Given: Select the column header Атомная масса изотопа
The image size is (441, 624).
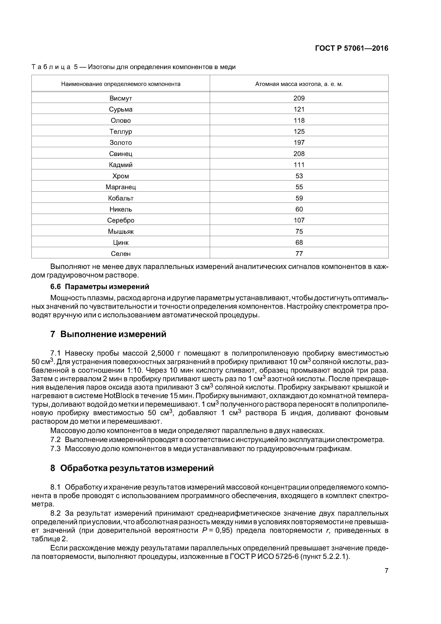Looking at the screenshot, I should [299, 84].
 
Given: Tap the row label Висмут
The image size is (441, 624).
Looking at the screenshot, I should [121, 98].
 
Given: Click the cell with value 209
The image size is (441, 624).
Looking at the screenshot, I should [299, 98].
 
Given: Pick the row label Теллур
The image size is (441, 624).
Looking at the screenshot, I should [121, 131].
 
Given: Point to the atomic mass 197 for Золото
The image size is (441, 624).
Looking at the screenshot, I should [299, 142].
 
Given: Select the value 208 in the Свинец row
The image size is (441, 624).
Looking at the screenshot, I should [299, 154].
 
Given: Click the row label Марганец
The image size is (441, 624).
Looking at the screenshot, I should [121, 187].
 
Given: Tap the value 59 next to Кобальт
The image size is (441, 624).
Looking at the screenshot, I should [299, 198].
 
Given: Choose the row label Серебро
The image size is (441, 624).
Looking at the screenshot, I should [121, 220].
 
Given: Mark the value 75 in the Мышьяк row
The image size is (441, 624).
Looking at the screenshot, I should [299, 231].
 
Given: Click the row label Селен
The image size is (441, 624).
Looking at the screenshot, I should [121, 254].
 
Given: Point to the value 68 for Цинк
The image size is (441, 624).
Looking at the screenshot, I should [299, 242].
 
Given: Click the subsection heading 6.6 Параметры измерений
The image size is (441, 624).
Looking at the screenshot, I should [100, 287].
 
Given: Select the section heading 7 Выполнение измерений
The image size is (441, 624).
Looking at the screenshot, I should [108, 334].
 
